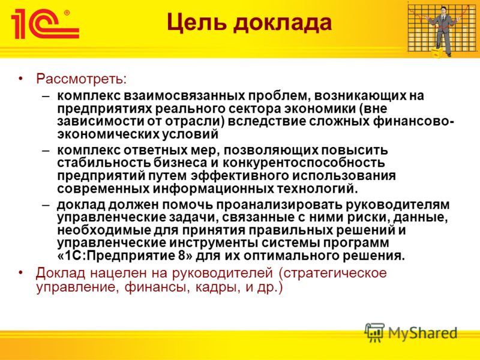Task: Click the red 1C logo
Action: click(x=45, y=24)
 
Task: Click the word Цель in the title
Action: click(x=196, y=23)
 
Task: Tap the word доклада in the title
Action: click(x=282, y=23)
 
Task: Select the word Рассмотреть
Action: click(x=81, y=79)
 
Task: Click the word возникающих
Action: click(x=359, y=96)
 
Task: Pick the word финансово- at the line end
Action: click(x=413, y=122)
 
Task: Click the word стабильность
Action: click(x=103, y=163)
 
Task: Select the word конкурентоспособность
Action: click(x=304, y=163)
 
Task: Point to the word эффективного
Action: click(x=240, y=176)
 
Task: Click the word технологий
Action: click(x=317, y=188)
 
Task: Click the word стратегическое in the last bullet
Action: click(x=332, y=273)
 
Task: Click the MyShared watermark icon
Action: click(x=374, y=332)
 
